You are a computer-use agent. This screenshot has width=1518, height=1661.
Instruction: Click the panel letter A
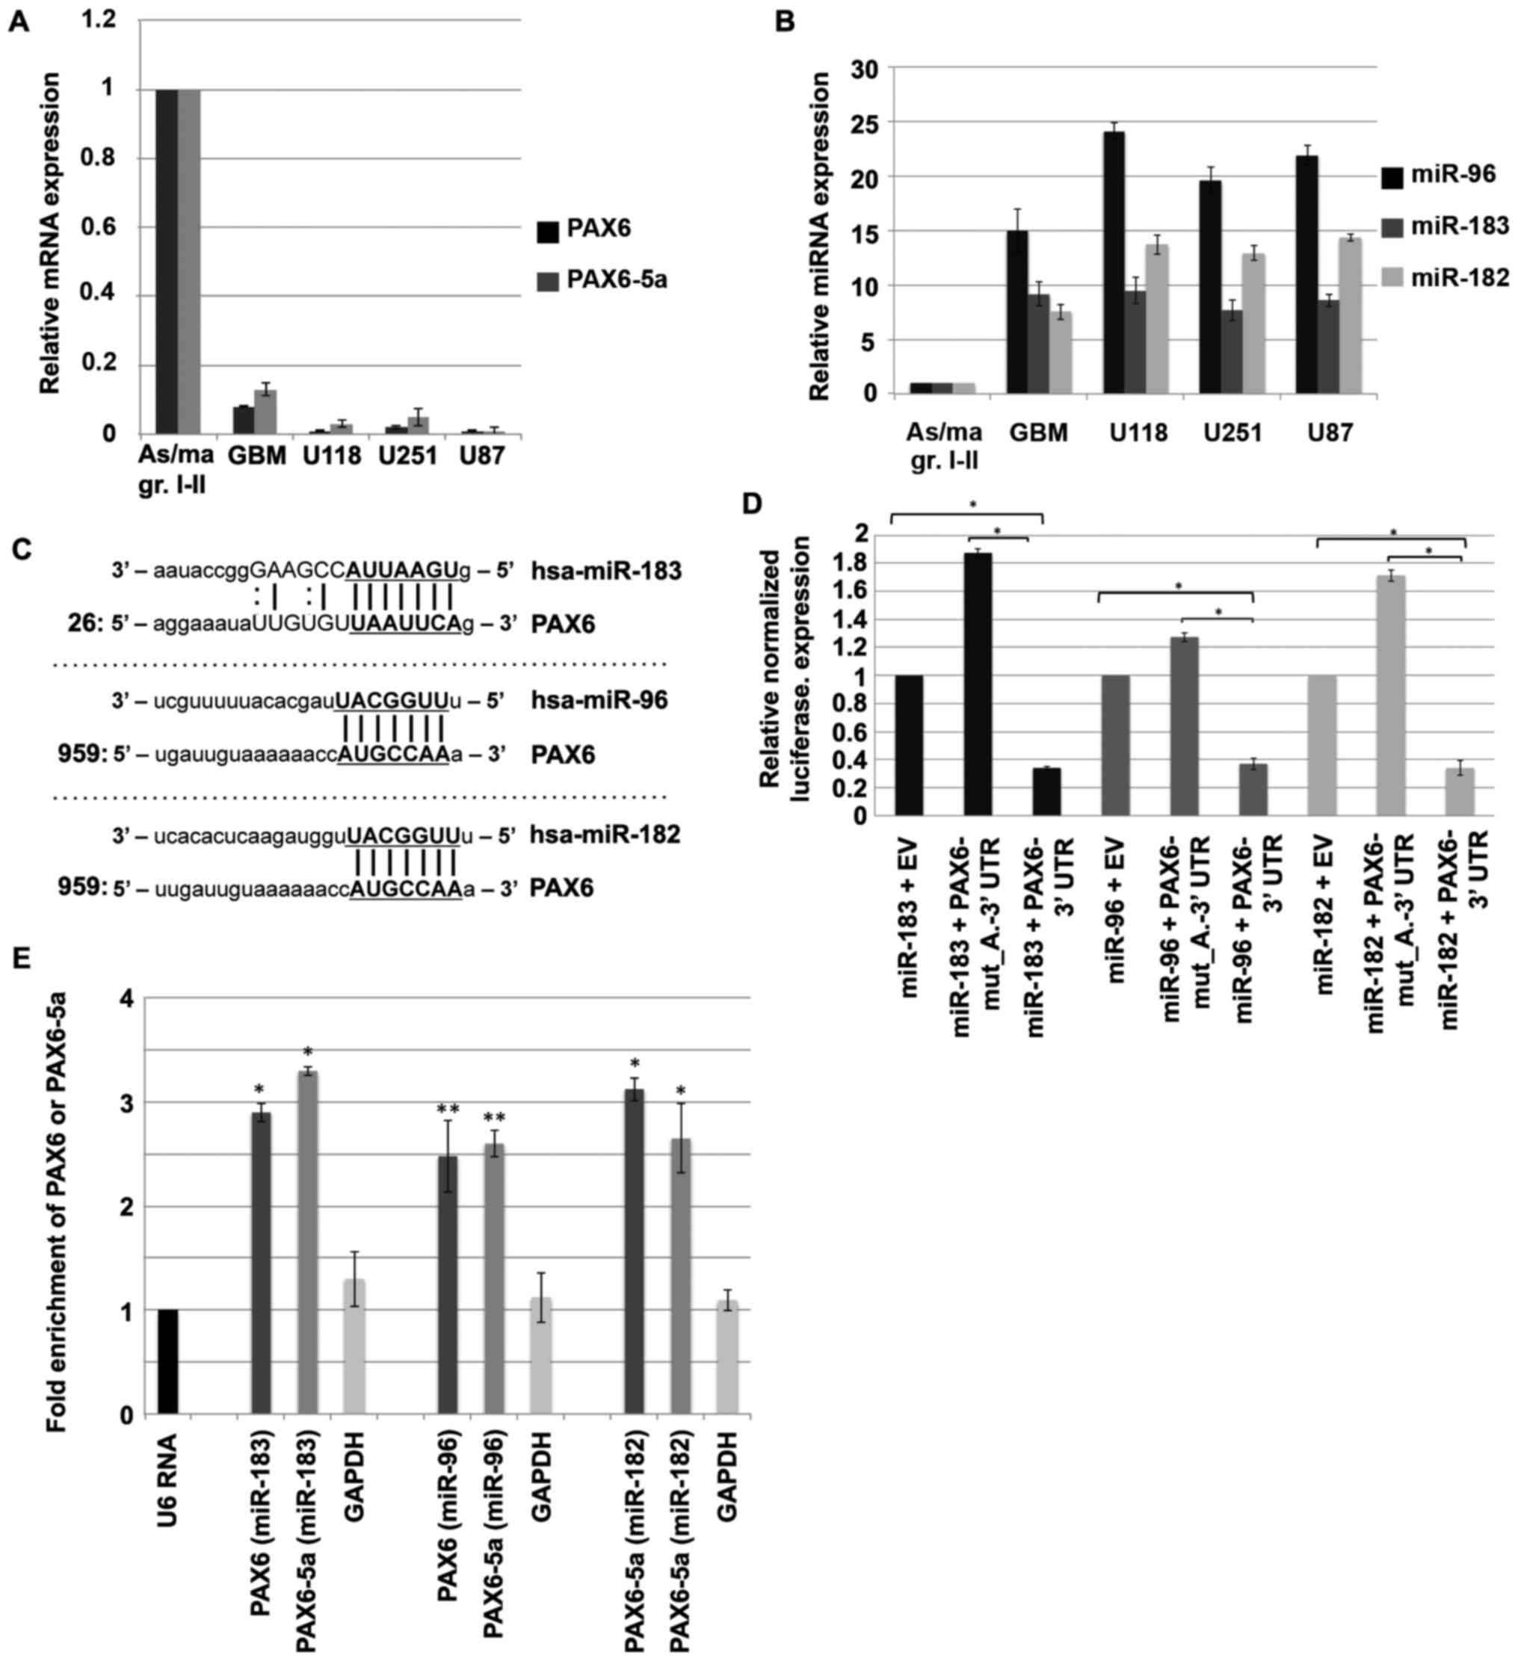click(x=18, y=22)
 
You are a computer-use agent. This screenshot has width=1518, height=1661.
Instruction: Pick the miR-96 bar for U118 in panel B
click(x=1114, y=262)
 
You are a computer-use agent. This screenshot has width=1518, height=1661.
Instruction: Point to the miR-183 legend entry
click(x=1460, y=225)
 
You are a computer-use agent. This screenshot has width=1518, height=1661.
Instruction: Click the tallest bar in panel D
click(x=978, y=684)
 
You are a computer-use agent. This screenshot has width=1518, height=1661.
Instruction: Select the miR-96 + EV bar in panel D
click(x=1114, y=745)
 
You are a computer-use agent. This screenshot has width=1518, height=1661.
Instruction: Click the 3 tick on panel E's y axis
click(x=126, y=1103)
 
